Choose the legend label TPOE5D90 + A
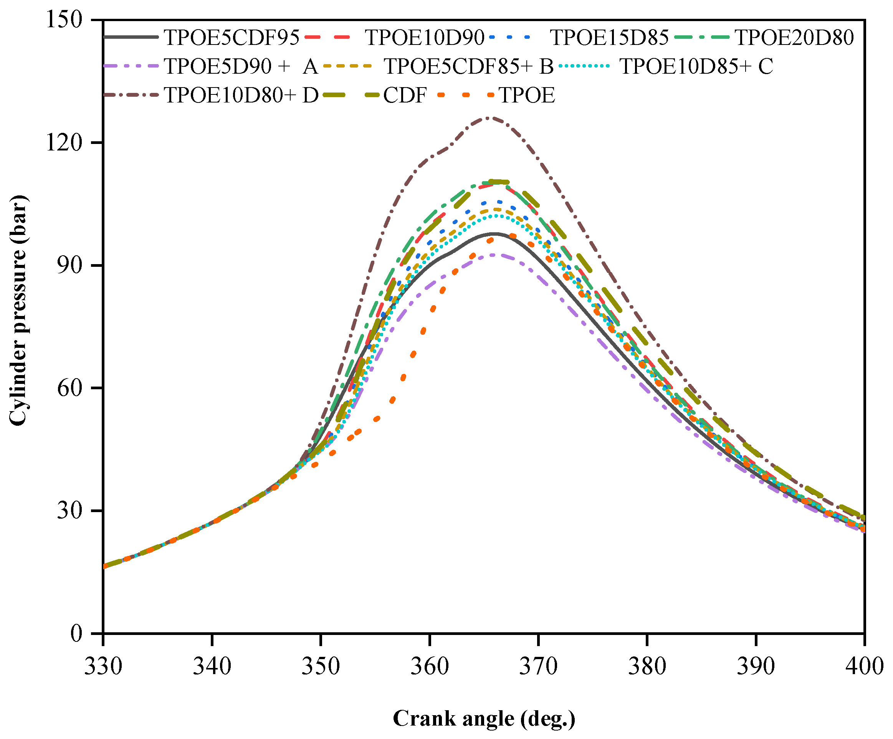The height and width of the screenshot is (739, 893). [x=241, y=66]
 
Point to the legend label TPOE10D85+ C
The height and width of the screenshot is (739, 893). [x=696, y=66]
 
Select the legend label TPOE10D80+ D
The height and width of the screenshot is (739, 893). [x=241, y=95]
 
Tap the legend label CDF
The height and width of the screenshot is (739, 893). [x=404, y=95]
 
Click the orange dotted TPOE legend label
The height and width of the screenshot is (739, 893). [x=527, y=95]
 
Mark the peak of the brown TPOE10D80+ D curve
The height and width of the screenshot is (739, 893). [x=490, y=117]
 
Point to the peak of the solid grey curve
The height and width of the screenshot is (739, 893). [x=494, y=233]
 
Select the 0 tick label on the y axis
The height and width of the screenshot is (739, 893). [x=76, y=633]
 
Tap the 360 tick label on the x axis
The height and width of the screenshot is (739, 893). [x=430, y=666]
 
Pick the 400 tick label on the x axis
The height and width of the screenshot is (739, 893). [x=864, y=666]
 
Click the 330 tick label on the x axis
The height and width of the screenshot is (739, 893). [x=103, y=666]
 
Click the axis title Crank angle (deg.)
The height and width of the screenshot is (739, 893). [x=484, y=719]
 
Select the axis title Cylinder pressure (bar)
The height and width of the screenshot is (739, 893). [x=18, y=311]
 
